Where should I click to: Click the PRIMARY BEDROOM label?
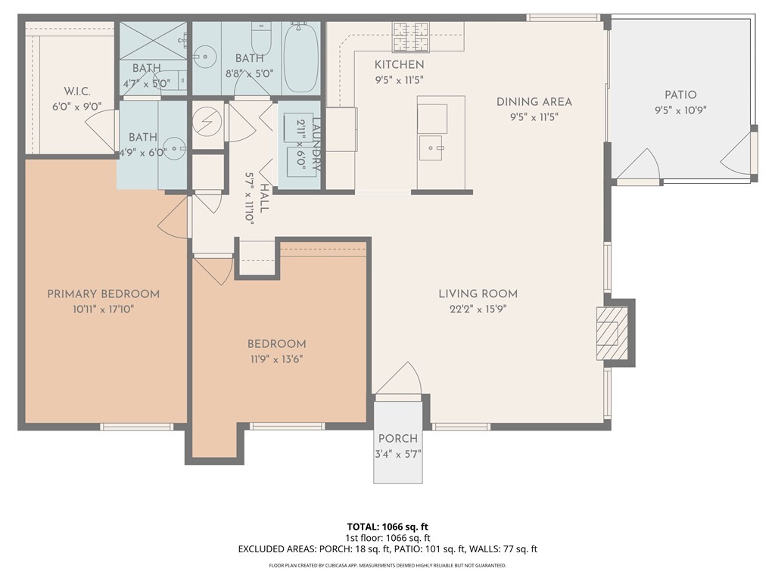[x=104, y=294]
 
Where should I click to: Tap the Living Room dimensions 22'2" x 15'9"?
[x=478, y=309]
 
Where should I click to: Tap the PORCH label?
[x=398, y=439]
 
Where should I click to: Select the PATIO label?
[x=680, y=95]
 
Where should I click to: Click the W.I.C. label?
[x=77, y=91]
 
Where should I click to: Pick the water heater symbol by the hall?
[x=206, y=124]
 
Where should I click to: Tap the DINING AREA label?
[x=534, y=101]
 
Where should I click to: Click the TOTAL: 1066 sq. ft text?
[x=387, y=527]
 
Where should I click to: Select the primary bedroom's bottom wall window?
[x=137, y=427]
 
